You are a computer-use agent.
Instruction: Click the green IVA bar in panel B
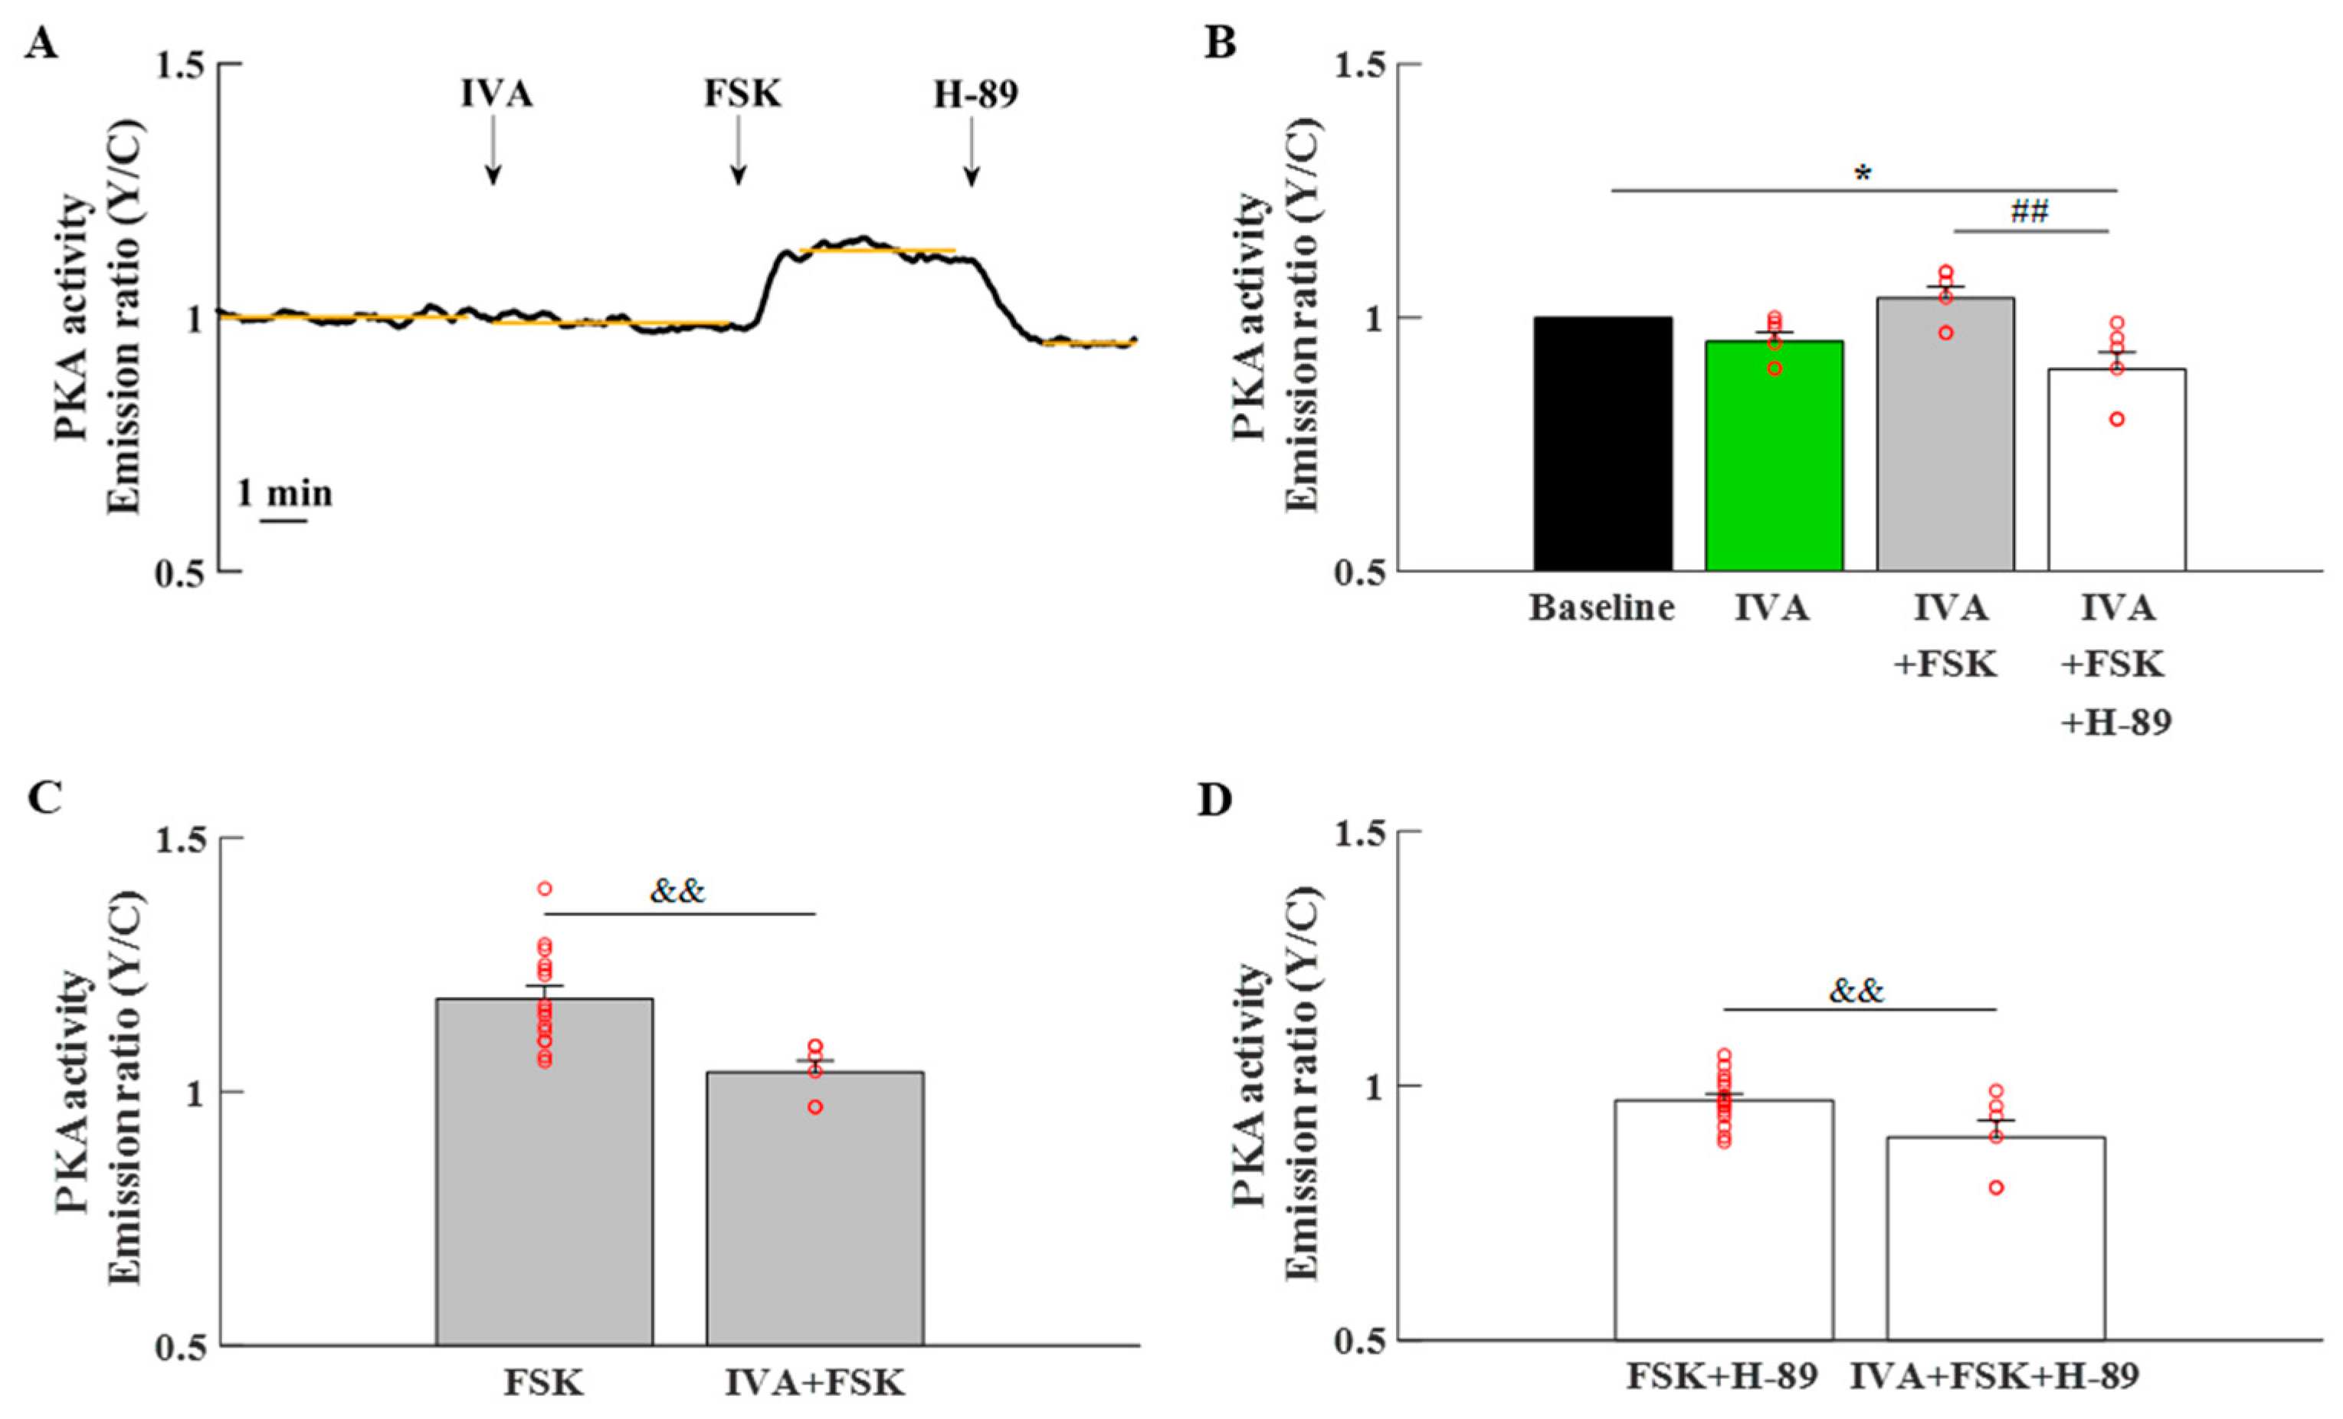pyautogui.click(x=1774, y=456)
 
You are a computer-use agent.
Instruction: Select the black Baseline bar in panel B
pyautogui.click(x=1603, y=444)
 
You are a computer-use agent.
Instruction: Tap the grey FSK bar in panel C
pyautogui.click(x=545, y=1172)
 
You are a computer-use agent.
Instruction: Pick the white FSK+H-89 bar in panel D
pyautogui.click(x=1724, y=1221)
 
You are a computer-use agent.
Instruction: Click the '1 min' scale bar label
pyautogui.click(x=284, y=493)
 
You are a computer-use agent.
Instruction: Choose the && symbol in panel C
pyautogui.click(x=678, y=891)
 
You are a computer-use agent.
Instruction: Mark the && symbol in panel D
pyautogui.click(x=1856, y=991)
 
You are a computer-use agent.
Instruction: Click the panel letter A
pyautogui.click(x=41, y=44)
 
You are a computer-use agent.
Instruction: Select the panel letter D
pyautogui.click(x=1214, y=801)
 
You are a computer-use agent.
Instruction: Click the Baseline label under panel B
pyautogui.click(x=1602, y=608)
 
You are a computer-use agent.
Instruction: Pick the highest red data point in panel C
pyautogui.click(x=545, y=888)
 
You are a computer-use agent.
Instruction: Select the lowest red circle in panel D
pyautogui.click(x=1996, y=1187)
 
